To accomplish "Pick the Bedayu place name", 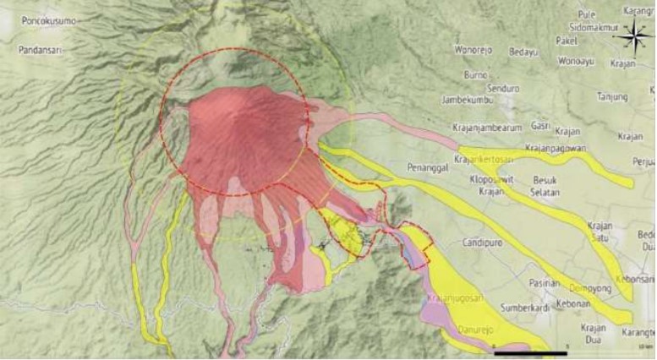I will click(x=524, y=52).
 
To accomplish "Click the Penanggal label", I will click(x=427, y=166).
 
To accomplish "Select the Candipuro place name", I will click(x=460, y=243).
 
